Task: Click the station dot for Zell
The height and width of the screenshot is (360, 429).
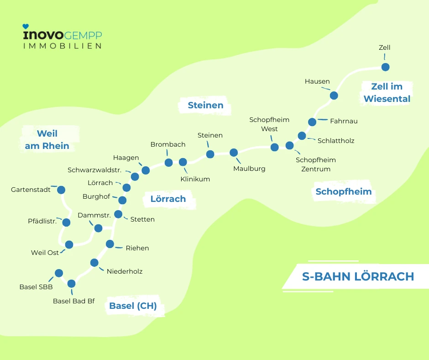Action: point(385,67)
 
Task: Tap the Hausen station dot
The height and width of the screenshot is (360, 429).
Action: point(334,95)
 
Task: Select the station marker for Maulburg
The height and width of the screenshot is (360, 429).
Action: point(234,153)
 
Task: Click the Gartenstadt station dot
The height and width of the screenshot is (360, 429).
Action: point(61,190)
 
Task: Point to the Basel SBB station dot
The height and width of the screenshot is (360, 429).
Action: point(58,273)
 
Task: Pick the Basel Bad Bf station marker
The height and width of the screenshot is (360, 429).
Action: point(71,284)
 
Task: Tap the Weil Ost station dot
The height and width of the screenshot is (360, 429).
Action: point(69,244)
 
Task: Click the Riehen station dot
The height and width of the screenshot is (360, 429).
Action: point(110,244)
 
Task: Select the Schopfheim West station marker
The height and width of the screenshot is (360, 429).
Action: point(274,147)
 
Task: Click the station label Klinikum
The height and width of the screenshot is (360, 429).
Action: point(195,179)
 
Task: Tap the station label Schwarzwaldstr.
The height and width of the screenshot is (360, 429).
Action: point(94,170)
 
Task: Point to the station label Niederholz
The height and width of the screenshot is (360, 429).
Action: point(125,271)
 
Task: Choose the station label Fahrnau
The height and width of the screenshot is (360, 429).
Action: point(344,121)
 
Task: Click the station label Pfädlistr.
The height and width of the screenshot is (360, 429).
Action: point(42,222)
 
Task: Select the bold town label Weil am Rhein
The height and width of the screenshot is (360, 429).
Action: point(47,140)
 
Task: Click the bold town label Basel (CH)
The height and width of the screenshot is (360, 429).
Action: point(133,306)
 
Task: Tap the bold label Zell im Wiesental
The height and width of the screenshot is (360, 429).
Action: point(387,93)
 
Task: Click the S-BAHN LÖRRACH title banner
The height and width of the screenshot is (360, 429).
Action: point(358,276)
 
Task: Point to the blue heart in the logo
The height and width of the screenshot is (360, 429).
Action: point(26,27)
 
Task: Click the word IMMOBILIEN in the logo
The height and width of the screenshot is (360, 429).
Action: point(63,46)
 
